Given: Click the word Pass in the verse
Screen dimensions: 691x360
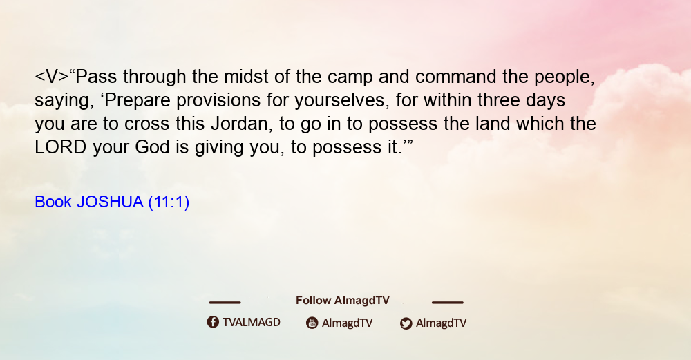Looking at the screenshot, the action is (96, 77).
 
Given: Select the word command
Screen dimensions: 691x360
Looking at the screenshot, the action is (455, 77).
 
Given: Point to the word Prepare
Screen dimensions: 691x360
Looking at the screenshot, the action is (138, 101).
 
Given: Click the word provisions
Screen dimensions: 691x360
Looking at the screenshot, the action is (218, 101).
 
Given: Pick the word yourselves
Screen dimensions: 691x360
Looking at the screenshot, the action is (342, 100).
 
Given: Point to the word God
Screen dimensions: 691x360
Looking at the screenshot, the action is (152, 147).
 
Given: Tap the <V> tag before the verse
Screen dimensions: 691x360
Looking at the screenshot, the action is (52, 77).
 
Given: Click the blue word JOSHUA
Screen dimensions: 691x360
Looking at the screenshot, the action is (110, 202).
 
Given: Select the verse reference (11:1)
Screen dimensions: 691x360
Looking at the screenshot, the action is (169, 202).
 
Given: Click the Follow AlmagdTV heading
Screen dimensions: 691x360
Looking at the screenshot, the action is (343, 301).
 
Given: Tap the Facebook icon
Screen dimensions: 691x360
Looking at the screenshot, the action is (213, 322).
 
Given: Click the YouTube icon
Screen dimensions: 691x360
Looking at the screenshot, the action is (312, 323).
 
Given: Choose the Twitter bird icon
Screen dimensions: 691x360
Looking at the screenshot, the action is (406, 323).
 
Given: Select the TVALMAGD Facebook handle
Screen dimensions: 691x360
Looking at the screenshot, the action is (252, 323).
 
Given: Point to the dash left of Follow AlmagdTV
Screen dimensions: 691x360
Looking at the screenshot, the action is (225, 303).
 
